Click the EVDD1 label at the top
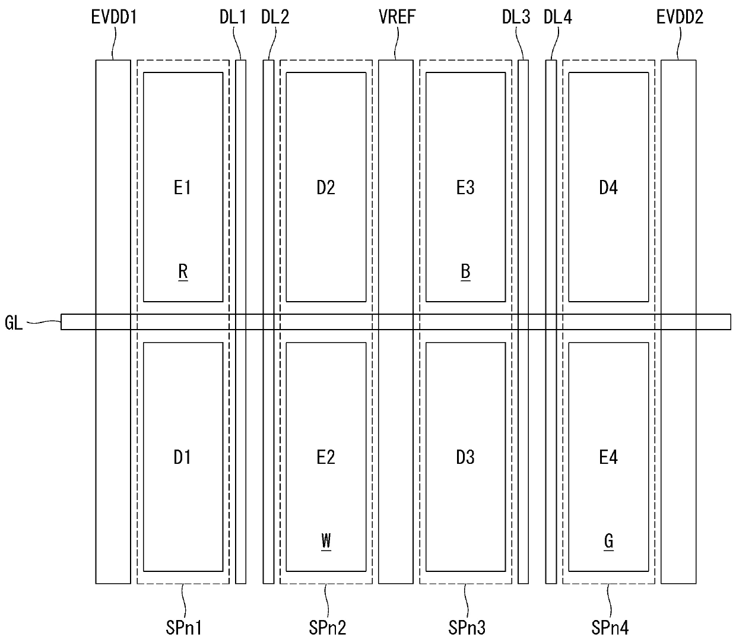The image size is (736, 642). click(x=113, y=17)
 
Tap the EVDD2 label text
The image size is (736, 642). click(x=680, y=17)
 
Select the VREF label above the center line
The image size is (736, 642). click(x=397, y=17)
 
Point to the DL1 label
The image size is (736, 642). click(x=233, y=17)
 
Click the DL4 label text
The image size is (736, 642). click(x=558, y=17)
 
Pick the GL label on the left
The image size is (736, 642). click(x=14, y=324)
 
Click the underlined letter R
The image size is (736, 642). click(x=183, y=272)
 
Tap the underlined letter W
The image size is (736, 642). click(x=326, y=541)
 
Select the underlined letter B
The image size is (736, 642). click(x=466, y=272)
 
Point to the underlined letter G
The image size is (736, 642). click(x=608, y=541)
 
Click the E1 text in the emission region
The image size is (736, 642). click(x=182, y=188)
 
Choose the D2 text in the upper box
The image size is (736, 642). click(x=326, y=188)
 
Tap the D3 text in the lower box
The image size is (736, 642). click(x=465, y=457)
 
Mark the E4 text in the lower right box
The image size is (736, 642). click(x=608, y=457)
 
